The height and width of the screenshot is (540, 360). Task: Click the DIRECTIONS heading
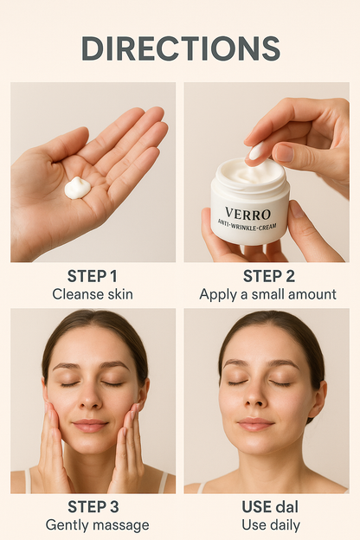pos(180,48)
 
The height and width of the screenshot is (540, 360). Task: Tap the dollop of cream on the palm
pos(78,187)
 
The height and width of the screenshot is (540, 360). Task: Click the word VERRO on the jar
pos(247,213)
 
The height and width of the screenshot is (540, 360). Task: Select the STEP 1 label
pos(93,276)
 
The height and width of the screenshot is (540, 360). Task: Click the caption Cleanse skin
pos(93,294)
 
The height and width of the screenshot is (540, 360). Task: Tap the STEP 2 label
pos(267,276)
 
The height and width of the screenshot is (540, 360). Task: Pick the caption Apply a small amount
pos(267,294)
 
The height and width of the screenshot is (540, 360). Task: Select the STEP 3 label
pos(93,507)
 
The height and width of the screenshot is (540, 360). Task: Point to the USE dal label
pos(267,507)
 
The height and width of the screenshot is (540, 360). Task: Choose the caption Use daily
pos(267,525)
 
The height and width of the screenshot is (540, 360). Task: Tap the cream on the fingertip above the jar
pos(257,152)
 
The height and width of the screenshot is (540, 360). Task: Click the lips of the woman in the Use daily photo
pos(254,424)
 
